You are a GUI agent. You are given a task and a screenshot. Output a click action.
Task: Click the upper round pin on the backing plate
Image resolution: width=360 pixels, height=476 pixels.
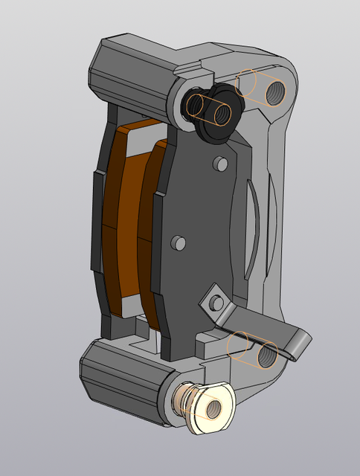(219, 163)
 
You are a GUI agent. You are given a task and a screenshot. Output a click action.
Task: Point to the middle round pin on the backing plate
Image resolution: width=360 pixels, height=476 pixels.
(178, 242)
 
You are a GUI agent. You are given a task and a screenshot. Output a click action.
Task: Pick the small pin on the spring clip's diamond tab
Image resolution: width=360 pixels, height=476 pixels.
(216, 302)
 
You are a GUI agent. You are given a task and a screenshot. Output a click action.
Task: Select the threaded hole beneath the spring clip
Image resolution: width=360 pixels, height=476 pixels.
(268, 356)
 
